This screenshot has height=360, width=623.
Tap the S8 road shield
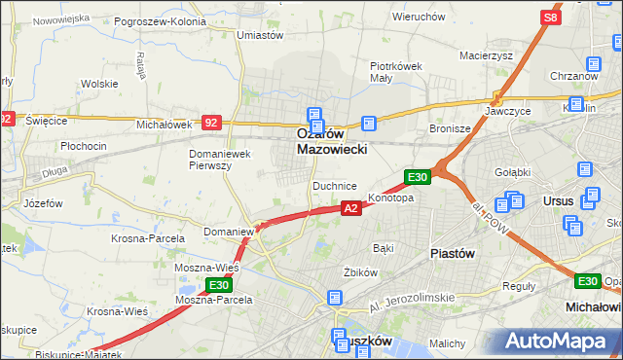[551, 18]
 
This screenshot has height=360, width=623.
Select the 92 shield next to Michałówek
[212, 123]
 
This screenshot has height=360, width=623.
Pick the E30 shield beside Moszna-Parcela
[218, 285]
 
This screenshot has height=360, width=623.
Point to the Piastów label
[452, 252]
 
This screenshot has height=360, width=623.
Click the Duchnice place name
[334, 185]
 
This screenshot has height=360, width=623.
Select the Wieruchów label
[419, 17]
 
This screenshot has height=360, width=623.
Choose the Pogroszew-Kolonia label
[160, 20]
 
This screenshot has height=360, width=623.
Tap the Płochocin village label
[83, 145]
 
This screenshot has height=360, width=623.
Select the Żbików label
[360, 271]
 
